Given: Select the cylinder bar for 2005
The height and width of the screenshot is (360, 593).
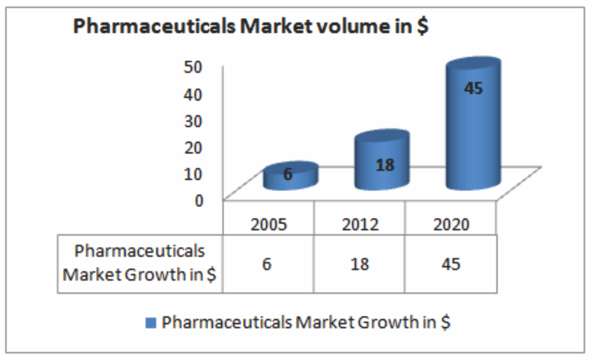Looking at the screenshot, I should (289, 177).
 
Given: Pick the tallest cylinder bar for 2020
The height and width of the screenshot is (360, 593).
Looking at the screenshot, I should (472, 126).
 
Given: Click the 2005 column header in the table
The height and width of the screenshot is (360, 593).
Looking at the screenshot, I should (269, 224).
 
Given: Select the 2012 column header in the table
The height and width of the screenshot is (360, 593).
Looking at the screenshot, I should (360, 224).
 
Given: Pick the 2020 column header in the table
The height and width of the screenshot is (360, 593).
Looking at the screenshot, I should (451, 224).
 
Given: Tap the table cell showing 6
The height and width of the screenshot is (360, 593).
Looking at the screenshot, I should (269, 264).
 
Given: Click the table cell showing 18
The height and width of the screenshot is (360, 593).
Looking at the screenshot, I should (360, 264).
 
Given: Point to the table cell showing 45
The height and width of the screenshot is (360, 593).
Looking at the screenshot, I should (451, 264).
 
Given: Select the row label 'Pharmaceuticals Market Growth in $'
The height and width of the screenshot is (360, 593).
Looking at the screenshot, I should (140, 263).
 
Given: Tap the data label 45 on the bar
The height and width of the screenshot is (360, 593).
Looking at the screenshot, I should (473, 88).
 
